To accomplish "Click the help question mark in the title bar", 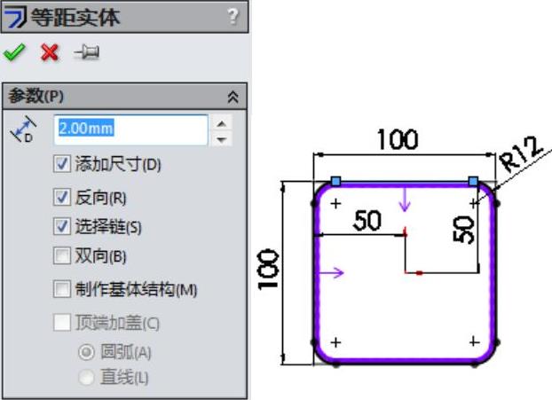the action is [233, 16].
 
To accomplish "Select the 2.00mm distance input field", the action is [130, 129].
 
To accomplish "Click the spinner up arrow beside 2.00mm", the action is [223, 122].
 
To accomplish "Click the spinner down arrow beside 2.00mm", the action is [223, 138].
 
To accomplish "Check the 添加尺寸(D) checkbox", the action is [61, 164].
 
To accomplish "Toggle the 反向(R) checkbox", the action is [61, 197].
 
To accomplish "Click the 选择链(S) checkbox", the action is [61, 226].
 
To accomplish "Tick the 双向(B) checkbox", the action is [61, 256].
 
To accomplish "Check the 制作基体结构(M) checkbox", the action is [61, 289].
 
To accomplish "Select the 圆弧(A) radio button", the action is [86, 352].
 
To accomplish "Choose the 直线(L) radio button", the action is [86, 378].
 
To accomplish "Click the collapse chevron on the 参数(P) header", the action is [233, 96].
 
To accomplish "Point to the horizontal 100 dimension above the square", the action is [398, 139].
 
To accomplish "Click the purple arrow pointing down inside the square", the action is [406, 203].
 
